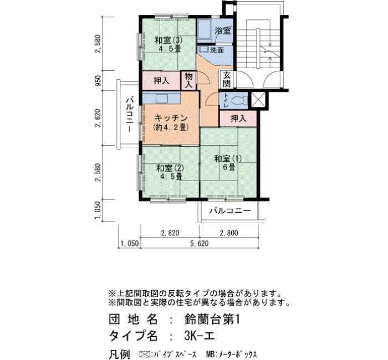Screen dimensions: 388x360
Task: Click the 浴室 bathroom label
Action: [x=223, y=31]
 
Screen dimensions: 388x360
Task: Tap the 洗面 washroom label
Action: [x=217, y=50]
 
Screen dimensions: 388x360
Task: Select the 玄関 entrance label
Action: [x=227, y=80]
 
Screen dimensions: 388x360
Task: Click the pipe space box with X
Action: [x=258, y=100]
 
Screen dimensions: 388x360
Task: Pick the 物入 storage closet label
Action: [x=188, y=80]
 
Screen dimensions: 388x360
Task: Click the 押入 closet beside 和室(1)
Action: [x=238, y=119]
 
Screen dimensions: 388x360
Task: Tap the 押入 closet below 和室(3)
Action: [x=161, y=81]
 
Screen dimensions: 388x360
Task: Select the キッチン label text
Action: [x=171, y=118]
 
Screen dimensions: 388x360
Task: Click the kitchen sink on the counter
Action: [x=162, y=99]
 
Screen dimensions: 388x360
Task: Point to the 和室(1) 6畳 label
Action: [x=228, y=163]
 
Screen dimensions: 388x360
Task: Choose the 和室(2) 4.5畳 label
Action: [x=170, y=172]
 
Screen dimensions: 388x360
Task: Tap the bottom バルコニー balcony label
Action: [x=231, y=211]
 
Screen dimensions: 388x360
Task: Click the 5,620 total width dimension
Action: [x=200, y=243]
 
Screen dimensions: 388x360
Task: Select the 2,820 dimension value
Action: [x=170, y=233]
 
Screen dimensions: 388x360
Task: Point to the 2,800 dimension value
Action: [x=229, y=233]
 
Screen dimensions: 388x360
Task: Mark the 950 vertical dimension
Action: [x=98, y=81]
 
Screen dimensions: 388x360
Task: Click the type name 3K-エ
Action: [x=199, y=336]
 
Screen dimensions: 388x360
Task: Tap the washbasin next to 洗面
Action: [x=203, y=49]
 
